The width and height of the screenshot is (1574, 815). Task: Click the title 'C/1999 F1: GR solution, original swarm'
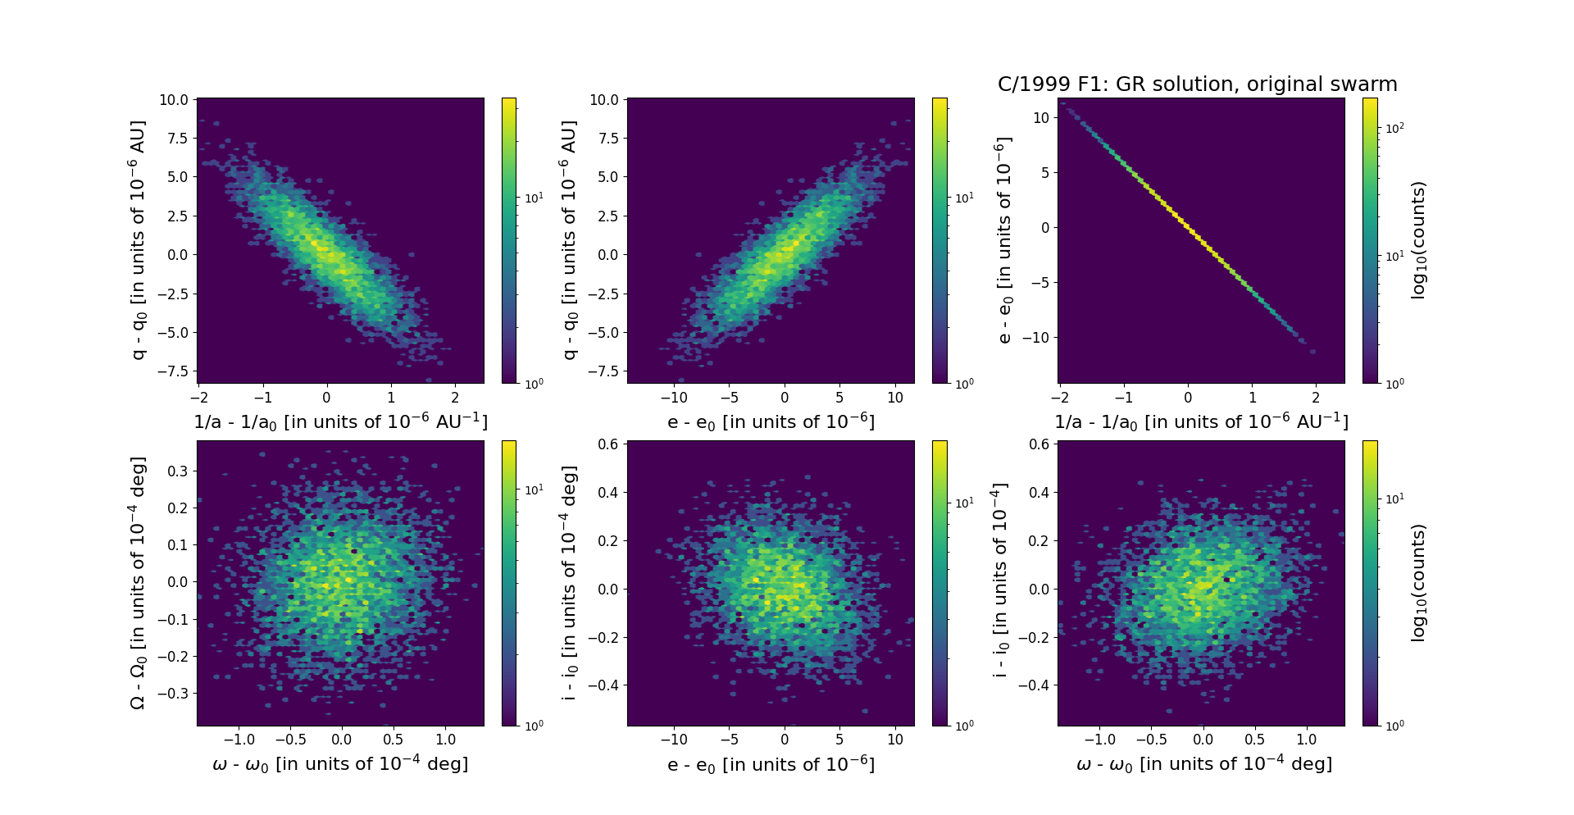1197,84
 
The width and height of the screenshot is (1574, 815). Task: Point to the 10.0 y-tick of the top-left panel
173,100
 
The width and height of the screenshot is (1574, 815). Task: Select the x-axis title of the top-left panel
340,421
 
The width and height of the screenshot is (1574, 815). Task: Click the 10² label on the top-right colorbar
1394,128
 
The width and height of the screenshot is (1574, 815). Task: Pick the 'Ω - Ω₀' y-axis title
138,583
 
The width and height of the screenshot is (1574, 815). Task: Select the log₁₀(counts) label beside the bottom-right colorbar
1418,583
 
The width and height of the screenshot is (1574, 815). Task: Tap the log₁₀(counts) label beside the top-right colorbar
1418,240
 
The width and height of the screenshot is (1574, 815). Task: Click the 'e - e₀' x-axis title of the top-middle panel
771,422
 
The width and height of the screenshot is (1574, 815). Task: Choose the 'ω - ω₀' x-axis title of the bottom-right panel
1203,764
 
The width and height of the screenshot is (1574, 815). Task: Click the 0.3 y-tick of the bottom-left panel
179,471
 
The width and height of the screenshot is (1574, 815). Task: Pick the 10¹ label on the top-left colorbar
534,198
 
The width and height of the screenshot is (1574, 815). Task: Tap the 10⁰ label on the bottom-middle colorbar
964,726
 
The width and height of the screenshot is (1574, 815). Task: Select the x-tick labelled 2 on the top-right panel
1316,398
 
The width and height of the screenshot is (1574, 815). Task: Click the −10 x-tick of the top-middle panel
674,398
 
